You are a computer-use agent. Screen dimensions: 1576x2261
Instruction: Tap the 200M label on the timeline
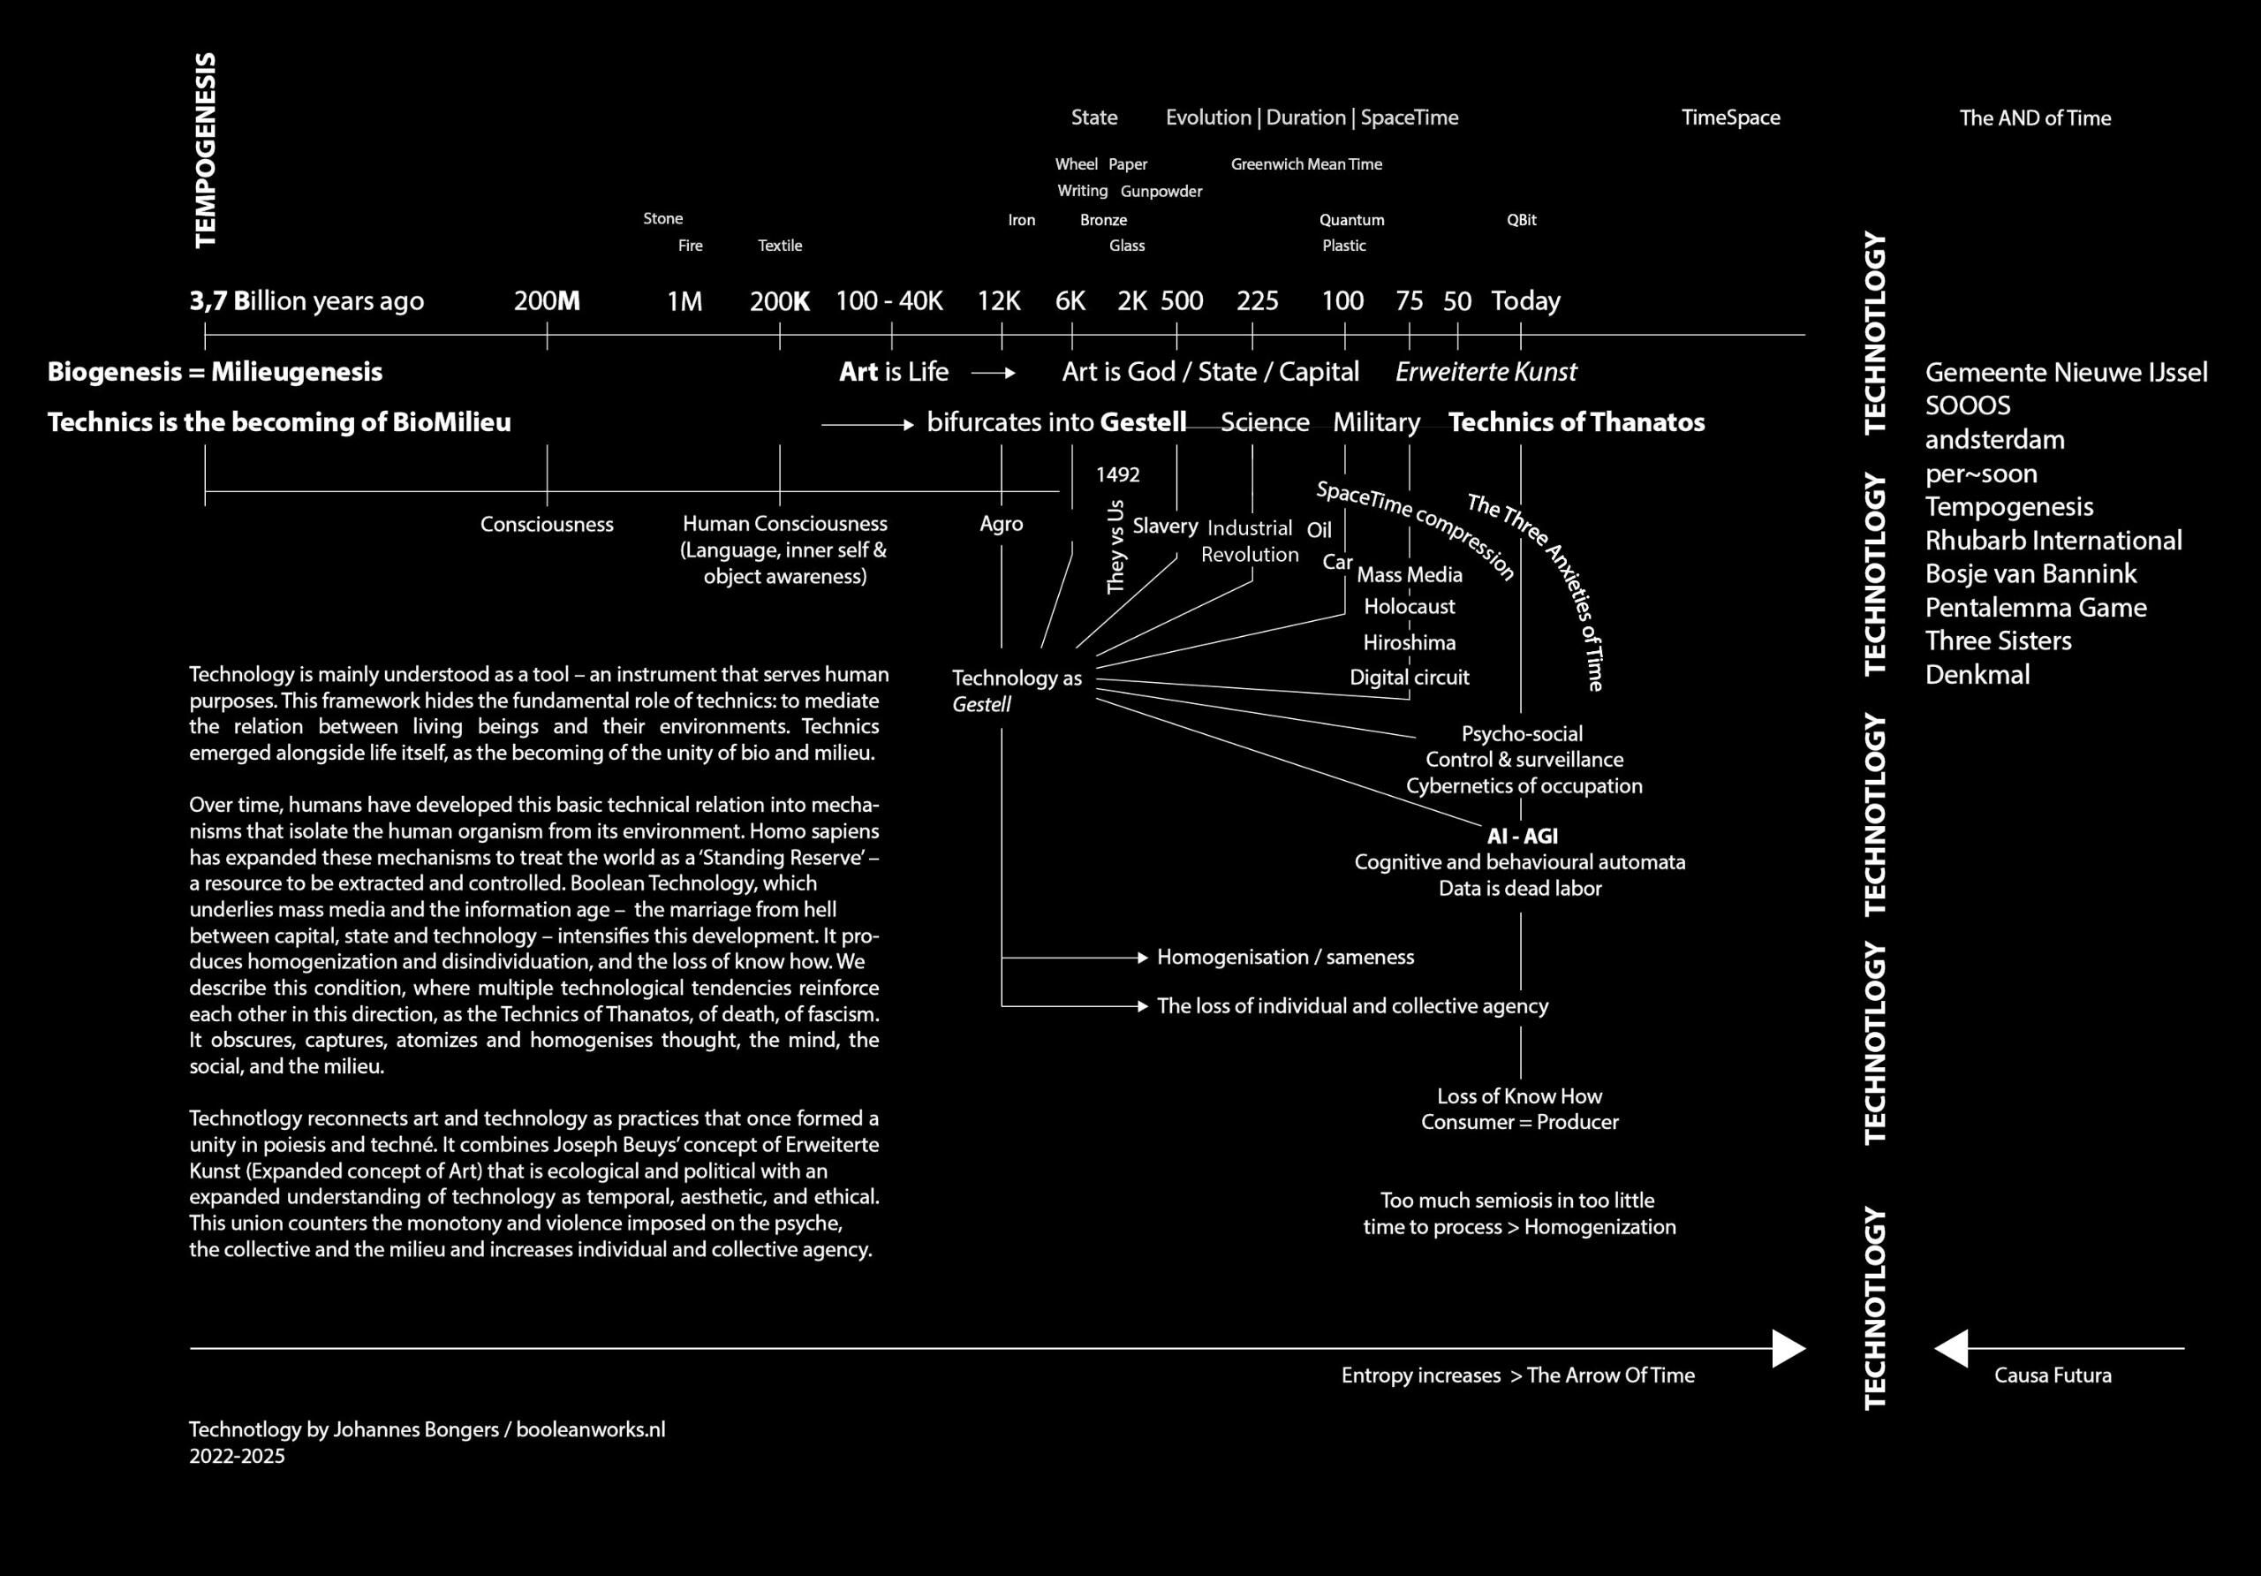tap(547, 301)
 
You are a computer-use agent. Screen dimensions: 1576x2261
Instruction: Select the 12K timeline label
tap(999, 301)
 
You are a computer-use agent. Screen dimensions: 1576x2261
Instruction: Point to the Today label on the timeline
tap(1525, 301)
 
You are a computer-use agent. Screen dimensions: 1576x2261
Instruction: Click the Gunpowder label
tap(1161, 191)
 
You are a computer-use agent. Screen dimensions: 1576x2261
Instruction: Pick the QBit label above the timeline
tap(1522, 220)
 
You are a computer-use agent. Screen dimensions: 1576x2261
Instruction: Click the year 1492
tap(1118, 474)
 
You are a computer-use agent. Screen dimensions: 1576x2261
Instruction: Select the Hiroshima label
tap(1410, 642)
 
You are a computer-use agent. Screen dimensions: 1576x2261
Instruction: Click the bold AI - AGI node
tap(1522, 837)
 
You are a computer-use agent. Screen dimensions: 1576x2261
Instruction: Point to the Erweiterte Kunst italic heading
tap(1486, 372)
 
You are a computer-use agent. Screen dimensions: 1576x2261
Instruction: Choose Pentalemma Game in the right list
tap(2036, 608)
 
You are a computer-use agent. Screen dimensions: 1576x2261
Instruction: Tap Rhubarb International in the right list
tap(2053, 541)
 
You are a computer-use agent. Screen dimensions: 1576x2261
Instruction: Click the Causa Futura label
tap(2053, 1375)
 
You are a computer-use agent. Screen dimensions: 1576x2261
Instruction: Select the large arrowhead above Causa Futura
tap(1952, 1348)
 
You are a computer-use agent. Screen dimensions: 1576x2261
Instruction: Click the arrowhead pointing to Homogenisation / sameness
tap(1142, 958)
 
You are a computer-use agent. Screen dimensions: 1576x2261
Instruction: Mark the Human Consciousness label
tap(785, 524)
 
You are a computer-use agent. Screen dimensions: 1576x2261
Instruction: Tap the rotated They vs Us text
tap(1115, 548)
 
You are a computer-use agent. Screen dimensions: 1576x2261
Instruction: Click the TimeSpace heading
tap(1730, 118)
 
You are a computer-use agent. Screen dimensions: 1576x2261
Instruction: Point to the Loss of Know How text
tap(1519, 1096)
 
